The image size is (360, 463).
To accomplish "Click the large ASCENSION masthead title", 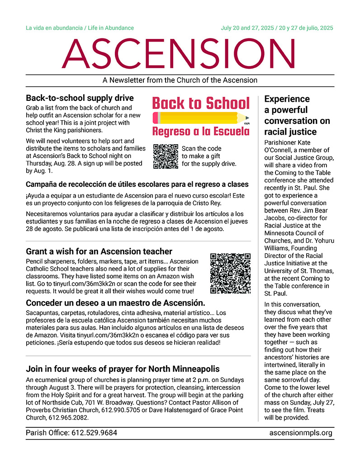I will click(180, 53).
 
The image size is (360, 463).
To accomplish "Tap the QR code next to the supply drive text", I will click(166, 156).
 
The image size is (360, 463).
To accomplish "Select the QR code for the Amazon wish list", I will click(231, 274).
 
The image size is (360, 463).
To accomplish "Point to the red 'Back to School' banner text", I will click(201, 103).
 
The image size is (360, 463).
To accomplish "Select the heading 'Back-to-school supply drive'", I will click(80, 98).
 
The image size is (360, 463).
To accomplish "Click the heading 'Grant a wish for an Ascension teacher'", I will click(99, 251).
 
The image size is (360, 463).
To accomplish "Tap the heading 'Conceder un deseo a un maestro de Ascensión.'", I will click(116, 302).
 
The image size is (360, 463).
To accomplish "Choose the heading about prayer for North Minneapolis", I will click(123, 369).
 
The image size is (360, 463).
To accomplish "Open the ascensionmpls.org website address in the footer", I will click(301, 433).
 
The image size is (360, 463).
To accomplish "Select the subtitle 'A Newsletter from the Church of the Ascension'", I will click(180, 80).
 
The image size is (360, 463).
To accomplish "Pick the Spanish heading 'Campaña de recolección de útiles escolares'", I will click(137, 184).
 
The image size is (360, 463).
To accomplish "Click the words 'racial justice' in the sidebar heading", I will click(289, 132).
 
